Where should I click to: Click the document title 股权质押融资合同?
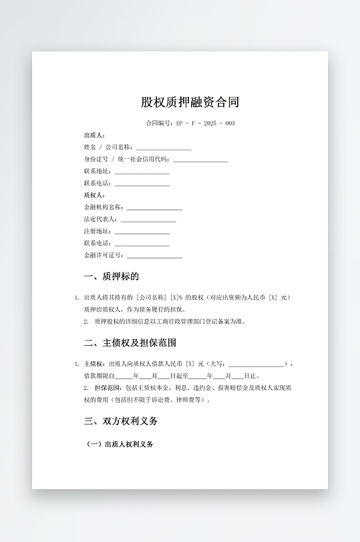click(190, 102)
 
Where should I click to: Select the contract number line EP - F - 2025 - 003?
click(190, 123)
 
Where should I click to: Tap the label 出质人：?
click(95, 135)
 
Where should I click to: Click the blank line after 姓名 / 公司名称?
click(164, 148)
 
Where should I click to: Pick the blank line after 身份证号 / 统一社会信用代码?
click(200, 160)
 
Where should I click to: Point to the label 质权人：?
click(95, 195)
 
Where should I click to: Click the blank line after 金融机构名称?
click(154, 208)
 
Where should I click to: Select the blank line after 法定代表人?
click(148, 220)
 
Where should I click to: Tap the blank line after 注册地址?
click(142, 232)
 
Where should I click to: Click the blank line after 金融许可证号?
click(154, 256)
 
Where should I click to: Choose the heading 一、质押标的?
click(112, 276)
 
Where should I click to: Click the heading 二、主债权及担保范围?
click(130, 343)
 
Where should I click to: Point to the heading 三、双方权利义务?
click(121, 421)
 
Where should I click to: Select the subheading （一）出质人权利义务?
click(120, 444)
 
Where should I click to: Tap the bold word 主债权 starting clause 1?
click(94, 364)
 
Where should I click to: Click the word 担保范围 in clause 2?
click(106, 388)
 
